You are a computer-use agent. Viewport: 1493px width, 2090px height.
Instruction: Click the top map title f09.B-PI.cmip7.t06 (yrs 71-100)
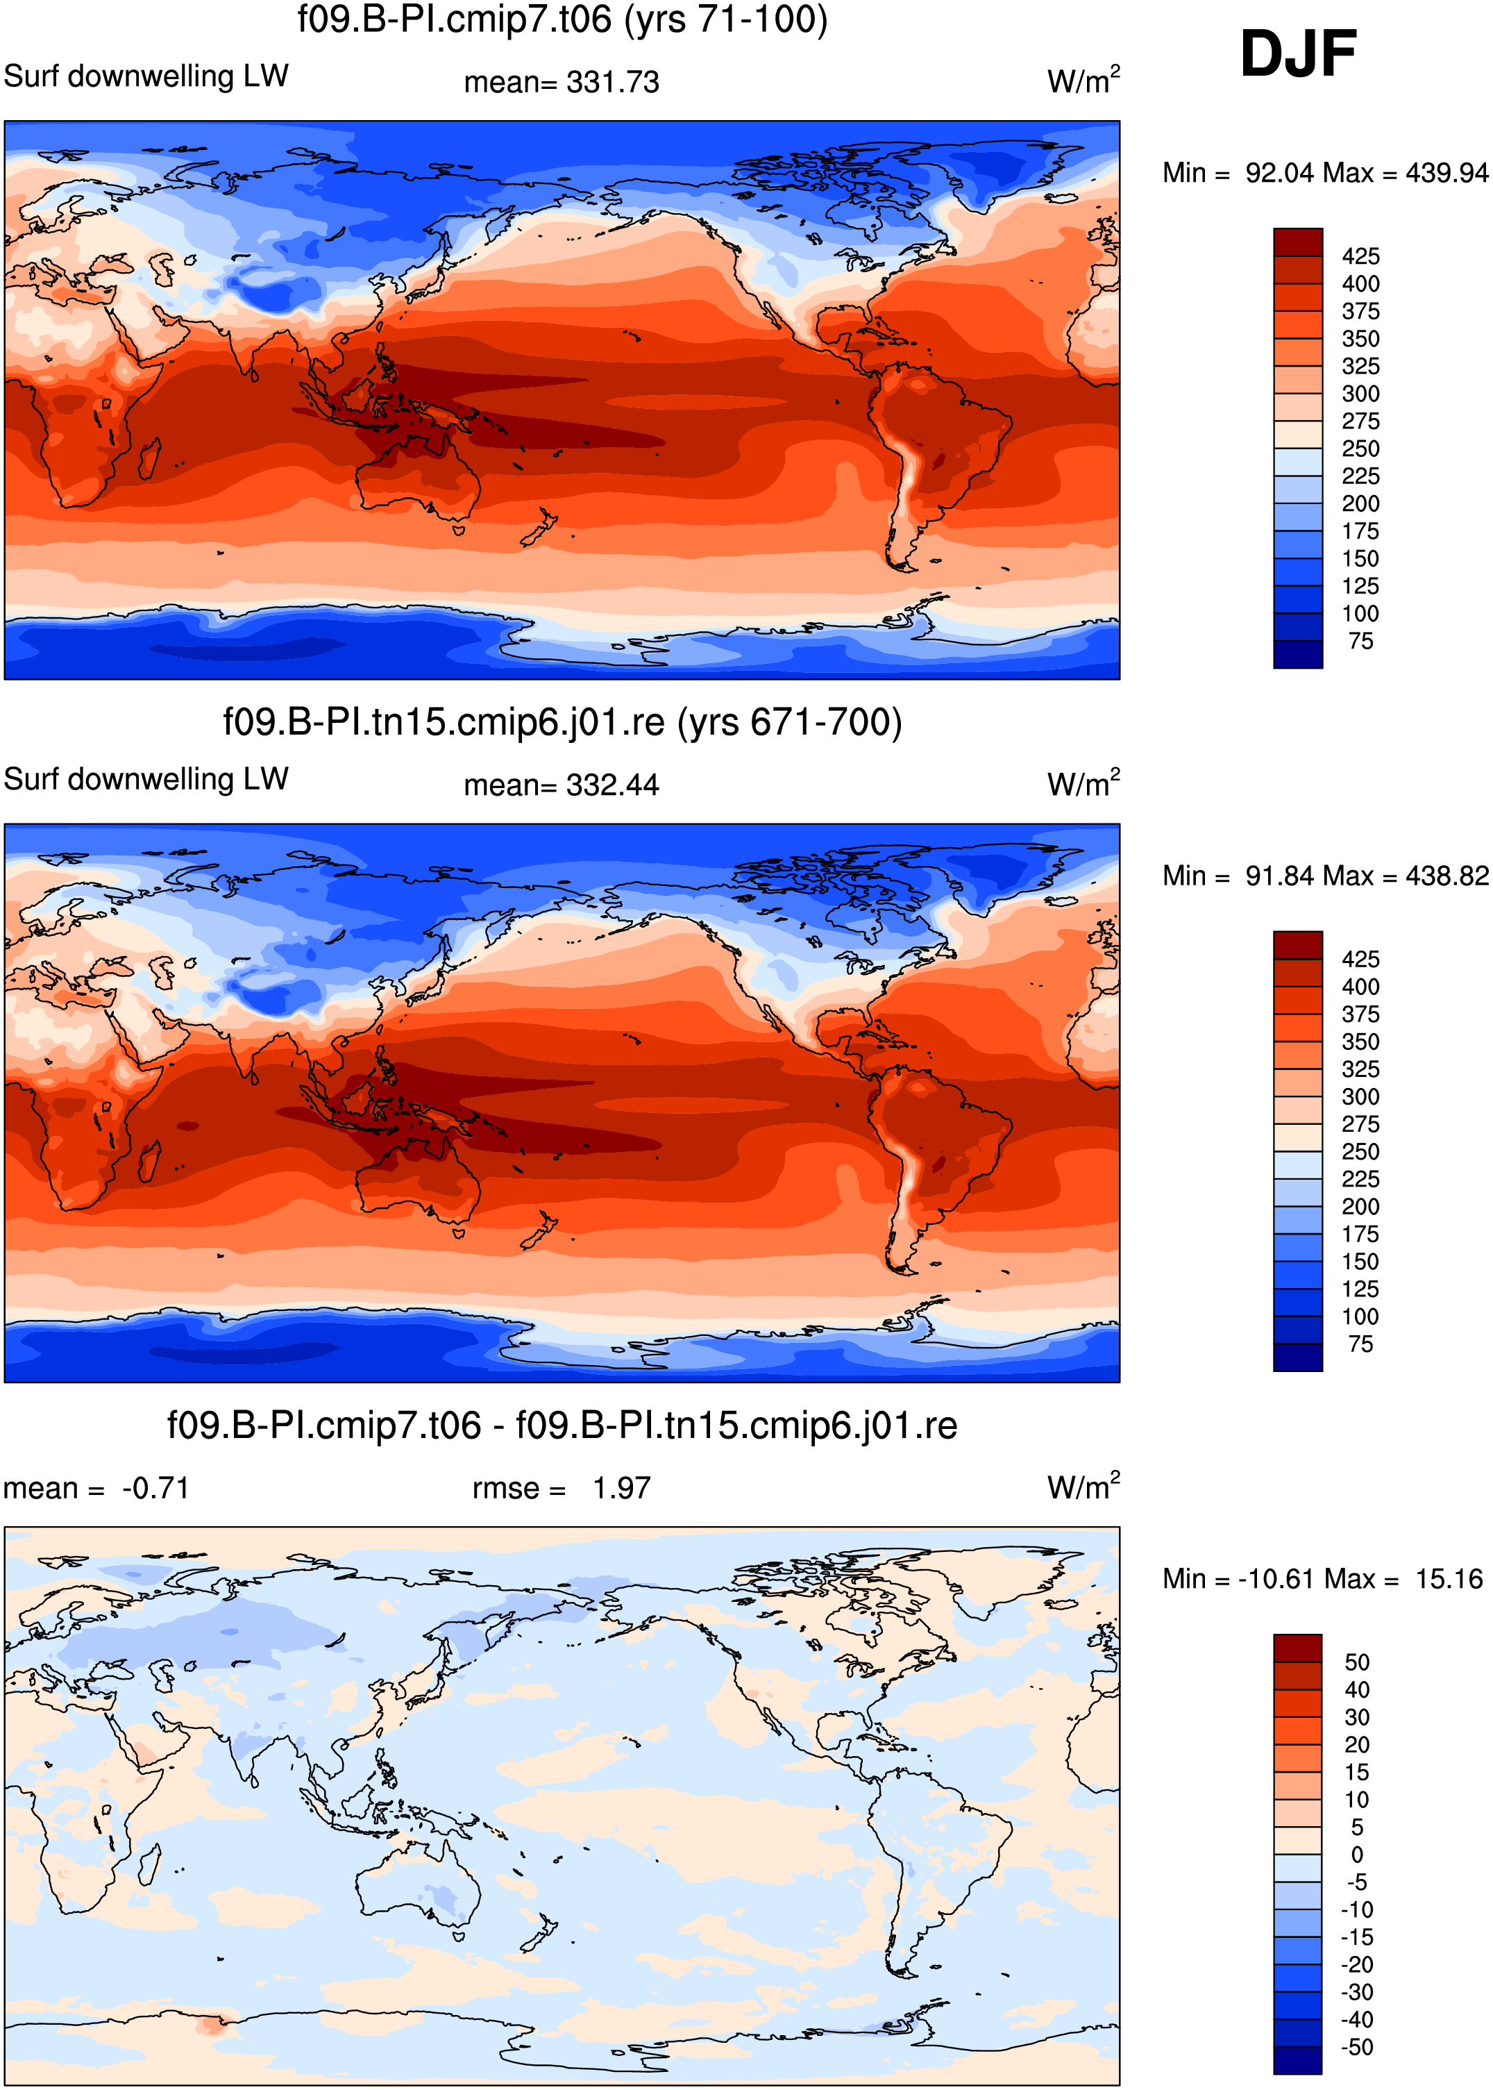(x=563, y=20)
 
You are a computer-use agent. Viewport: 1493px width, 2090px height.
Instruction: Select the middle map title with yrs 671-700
(x=563, y=723)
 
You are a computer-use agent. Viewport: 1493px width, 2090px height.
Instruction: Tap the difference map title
(x=563, y=1426)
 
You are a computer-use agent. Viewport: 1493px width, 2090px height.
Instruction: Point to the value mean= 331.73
(x=562, y=82)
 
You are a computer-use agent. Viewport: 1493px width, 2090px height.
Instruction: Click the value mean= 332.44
(x=562, y=785)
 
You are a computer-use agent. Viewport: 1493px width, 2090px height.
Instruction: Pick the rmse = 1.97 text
(x=562, y=1488)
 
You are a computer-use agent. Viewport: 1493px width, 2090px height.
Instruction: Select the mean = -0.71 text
(x=96, y=1488)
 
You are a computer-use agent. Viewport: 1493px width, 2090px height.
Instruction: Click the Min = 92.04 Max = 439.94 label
(x=1325, y=173)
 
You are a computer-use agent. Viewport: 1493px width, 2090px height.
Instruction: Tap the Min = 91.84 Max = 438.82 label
(x=1325, y=876)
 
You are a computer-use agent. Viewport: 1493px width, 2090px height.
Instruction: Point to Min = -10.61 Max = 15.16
(x=1323, y=1579)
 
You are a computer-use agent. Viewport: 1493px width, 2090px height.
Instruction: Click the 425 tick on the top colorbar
(x=1360, y=256)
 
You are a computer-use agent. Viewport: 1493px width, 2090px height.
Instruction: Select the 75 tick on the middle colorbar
(x=1360, y=1344)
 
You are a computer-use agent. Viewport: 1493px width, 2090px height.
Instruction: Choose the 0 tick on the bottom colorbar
(x=1357, y=1855)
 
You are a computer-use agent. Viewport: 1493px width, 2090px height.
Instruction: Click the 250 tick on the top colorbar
(x=1360, y=449)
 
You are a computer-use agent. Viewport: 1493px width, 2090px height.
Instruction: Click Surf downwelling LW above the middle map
(x=146, y=779)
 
